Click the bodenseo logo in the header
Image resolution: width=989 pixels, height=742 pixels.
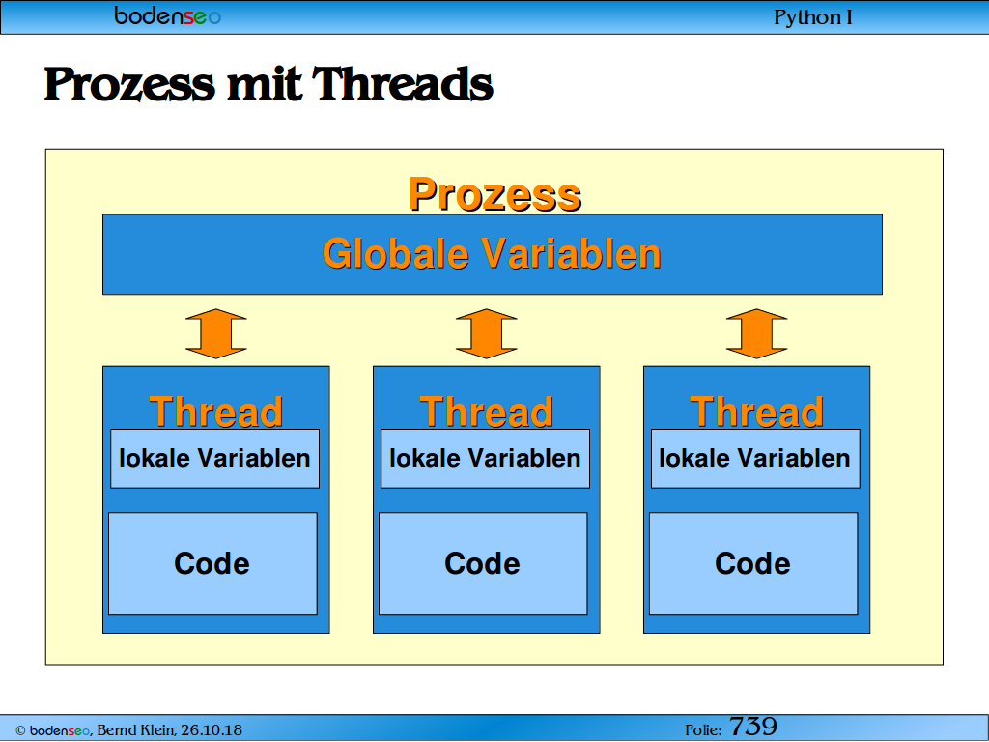[168, 15]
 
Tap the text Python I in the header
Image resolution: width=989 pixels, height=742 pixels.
[813, 17]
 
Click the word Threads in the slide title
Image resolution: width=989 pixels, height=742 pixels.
[403, 84]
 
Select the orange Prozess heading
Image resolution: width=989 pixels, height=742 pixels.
[495, 193]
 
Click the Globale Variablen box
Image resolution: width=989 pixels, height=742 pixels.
[493, 254]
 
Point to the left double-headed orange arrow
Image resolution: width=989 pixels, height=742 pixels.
[216, 333]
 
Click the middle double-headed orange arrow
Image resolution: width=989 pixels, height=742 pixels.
[487, 333]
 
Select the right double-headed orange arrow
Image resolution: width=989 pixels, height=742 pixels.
[757, 333]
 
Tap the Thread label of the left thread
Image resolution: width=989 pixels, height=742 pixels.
[215, 412]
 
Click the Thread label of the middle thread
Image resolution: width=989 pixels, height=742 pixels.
[487, 412]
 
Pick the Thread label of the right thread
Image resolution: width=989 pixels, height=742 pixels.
[757, 412]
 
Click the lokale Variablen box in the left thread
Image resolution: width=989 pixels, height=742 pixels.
[215, 459]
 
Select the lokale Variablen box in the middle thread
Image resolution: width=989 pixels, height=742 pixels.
[486, 459]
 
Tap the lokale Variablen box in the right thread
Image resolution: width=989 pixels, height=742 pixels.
[755, 459]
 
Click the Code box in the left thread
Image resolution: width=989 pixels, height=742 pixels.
[213, 563]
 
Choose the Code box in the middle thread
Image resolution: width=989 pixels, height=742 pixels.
[483, 563]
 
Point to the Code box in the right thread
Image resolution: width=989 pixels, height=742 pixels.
[753, 563]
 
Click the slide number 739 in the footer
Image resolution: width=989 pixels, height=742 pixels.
[753, 727]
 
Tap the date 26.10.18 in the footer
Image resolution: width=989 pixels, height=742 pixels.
[212, 730]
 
